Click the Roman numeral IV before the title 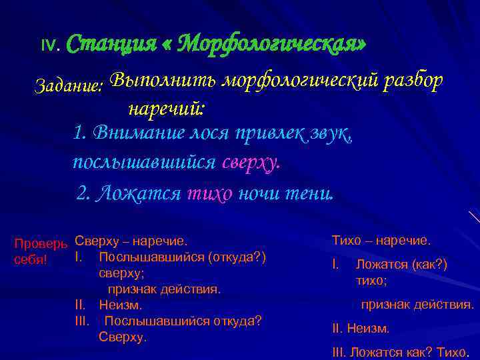[x=49, y=46]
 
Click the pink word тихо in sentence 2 [x=210, y=193]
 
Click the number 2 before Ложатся [x=83, y=193]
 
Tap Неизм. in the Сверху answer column [x=121, y=305]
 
